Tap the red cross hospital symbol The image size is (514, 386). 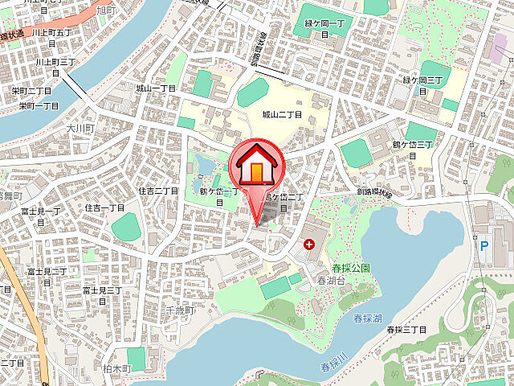click(309, 244)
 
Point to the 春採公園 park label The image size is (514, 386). click(350, 266)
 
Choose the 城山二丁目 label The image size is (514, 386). click(282, 115)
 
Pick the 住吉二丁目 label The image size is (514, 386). click(158, 191)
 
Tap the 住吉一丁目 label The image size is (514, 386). click(104, 207)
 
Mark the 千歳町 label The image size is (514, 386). click(180, 310)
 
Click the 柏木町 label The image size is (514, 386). click(116, 367)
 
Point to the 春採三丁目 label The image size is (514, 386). click(406, 330)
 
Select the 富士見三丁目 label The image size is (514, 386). click(101, 294)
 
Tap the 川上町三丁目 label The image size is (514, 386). click(55, 61)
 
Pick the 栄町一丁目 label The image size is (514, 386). click(39, 105)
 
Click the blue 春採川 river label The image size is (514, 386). click(331, 361)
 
